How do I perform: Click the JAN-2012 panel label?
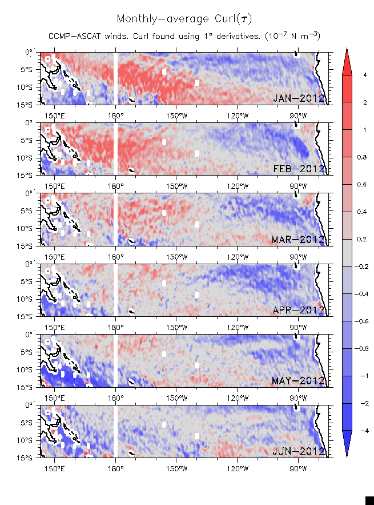coord(299,98)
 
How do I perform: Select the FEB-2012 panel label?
coord(299,169)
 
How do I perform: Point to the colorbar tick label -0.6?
coord(366,321)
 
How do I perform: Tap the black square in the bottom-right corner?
coord(369,500)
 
